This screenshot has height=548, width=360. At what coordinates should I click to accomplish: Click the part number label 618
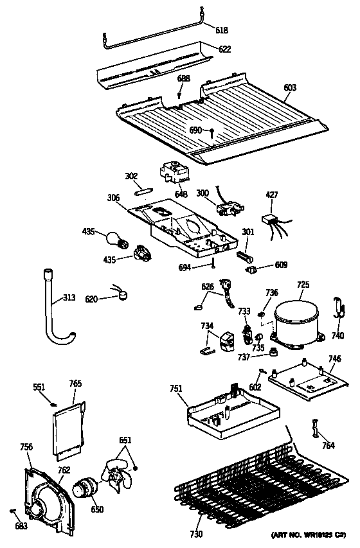click(x=221, y=30)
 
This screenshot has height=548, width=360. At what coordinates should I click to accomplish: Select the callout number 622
click(x=224, y=48)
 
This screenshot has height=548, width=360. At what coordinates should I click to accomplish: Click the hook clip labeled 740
click(x=337, y=310)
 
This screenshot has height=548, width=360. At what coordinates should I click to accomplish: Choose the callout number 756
click(x=26, y=447)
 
